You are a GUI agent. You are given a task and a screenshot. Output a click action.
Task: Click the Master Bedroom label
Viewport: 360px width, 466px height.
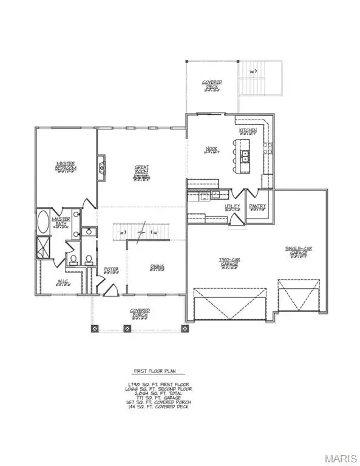pos(66,166)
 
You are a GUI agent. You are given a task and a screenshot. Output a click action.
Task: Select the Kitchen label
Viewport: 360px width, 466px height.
pos(248,130)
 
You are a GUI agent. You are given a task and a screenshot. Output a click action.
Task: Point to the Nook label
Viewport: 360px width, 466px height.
pos(211,149)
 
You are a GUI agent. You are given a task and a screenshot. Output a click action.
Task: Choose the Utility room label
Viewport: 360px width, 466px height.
pos(233,207)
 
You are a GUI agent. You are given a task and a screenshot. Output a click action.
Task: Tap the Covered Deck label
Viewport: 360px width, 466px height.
pos(212,84)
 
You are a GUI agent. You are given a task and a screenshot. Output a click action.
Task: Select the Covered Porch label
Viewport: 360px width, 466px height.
pos(140,312)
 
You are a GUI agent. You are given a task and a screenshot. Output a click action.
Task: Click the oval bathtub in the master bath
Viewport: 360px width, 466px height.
pos(44,223)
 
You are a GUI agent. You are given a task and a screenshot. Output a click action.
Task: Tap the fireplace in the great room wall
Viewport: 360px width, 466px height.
pos(101,165)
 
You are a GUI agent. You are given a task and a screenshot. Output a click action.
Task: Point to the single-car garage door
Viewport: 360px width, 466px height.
pos(294,298)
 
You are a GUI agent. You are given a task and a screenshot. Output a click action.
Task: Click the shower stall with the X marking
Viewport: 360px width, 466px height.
pos(44,248)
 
